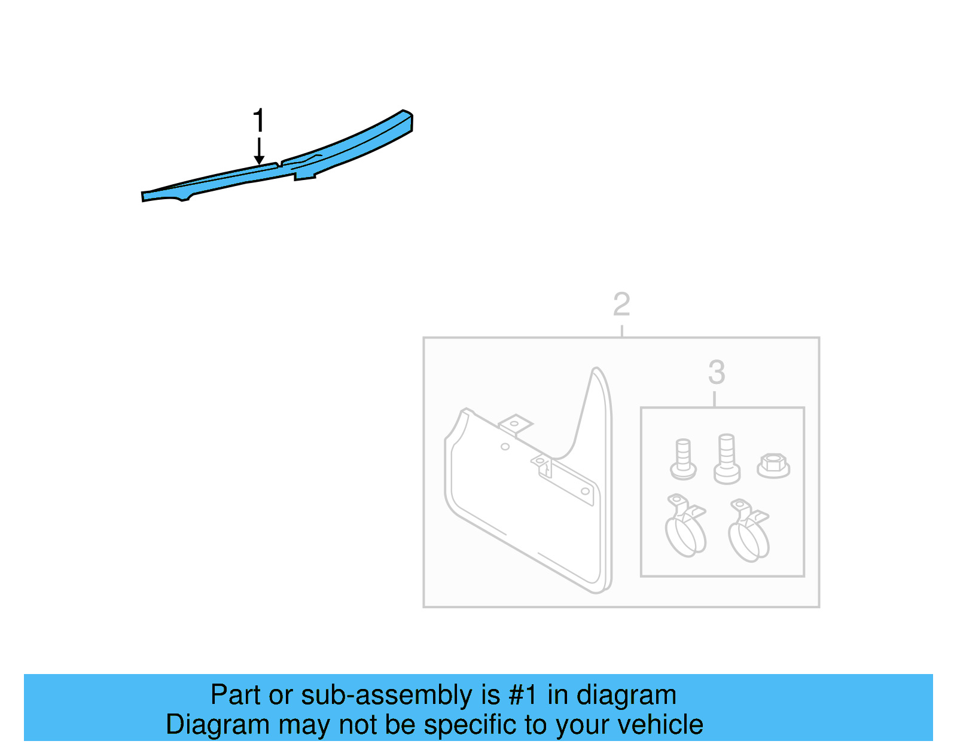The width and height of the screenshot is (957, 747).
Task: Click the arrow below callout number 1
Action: [259, 151]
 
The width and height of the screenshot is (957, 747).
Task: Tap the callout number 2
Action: [621, 304]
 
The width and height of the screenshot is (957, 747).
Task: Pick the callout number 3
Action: [717, 373]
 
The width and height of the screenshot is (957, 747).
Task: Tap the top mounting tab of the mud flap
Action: [515, 424]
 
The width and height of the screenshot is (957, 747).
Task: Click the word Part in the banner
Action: [236, 695]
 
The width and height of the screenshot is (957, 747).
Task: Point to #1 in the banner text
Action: [523, 695]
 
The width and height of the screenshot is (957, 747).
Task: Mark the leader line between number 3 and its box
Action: [715, 399]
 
